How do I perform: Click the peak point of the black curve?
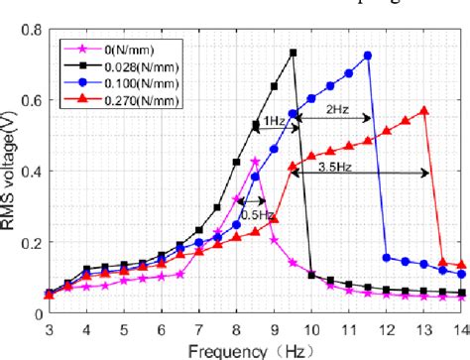pos(293,53)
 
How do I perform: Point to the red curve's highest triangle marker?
pos(424,110)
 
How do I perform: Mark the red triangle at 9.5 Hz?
pos(293,168)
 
